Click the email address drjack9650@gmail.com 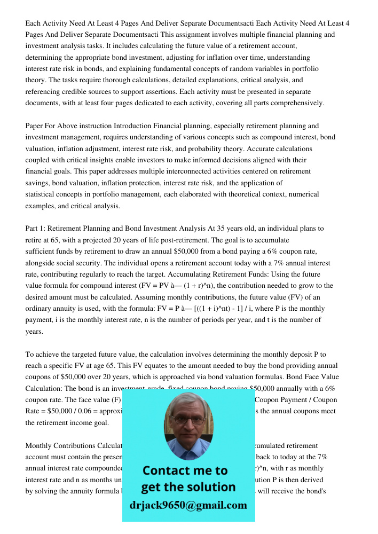188,505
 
